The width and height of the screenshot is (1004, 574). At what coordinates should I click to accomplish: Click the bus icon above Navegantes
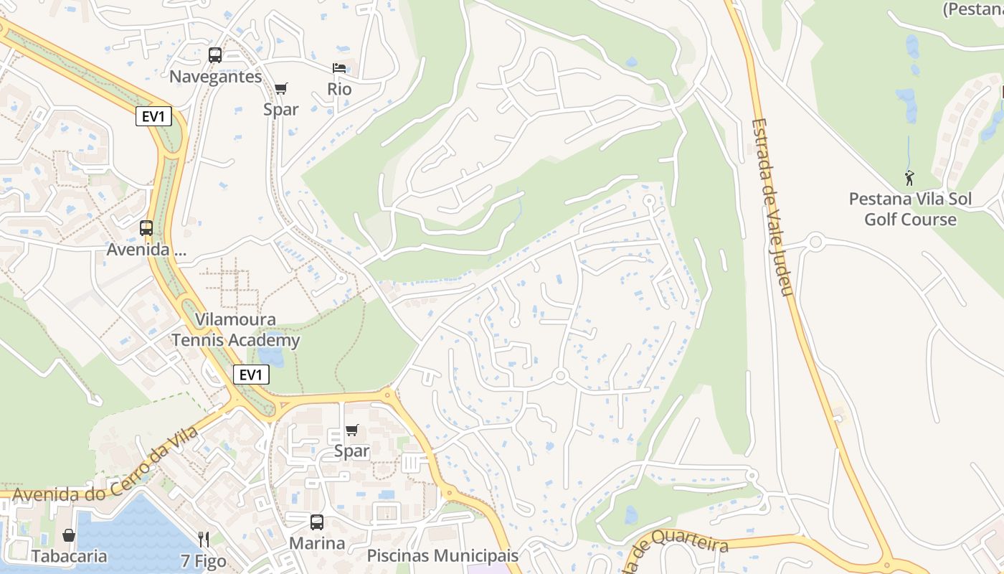(x=214, y=55)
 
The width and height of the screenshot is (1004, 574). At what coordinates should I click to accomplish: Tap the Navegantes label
(x=216, y=77)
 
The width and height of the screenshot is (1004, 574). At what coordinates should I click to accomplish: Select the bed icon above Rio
(x=339, y=68)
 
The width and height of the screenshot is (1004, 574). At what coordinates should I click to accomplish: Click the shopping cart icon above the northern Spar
(x=280, y=88)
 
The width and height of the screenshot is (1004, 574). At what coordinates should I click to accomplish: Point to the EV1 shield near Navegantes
(x=153, y=116)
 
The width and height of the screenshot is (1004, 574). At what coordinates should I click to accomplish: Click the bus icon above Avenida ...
(x=146, y=228)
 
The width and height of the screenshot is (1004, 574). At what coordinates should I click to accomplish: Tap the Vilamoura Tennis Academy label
(x=236, y=330)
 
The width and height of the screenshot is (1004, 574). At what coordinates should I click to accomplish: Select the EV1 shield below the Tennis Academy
(x=251, y=375)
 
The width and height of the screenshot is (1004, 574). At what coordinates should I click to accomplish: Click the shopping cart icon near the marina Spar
(x=351, y=430)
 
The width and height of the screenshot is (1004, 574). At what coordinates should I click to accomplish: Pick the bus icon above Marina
(x=316, y=522)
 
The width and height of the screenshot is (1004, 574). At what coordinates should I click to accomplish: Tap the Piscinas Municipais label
(x=442, y=556)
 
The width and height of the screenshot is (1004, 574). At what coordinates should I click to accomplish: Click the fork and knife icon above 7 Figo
(x=204, y=539)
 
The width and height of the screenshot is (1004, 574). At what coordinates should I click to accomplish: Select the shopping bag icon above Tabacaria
(x=69, y=535)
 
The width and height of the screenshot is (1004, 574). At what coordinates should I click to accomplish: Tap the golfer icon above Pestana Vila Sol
(x=909, y=177)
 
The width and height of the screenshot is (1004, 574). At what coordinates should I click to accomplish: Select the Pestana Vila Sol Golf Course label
(x=910, y=209)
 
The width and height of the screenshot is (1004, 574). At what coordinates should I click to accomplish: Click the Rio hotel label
(x=339, y=89)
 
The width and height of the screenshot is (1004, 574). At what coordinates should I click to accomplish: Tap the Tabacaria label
(x=69, y=556)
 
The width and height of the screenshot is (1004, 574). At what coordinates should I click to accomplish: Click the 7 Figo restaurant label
(x=204, y=561)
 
